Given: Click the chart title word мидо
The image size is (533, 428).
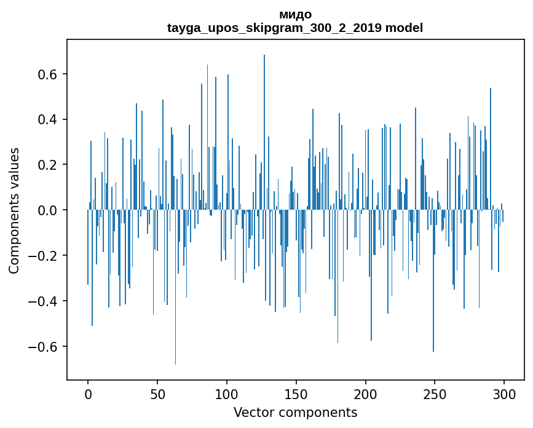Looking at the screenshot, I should (295, 15).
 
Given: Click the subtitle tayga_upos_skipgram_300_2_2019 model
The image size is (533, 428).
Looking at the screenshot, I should (295, 28).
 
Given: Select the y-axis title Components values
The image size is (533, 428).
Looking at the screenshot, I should (14, 210).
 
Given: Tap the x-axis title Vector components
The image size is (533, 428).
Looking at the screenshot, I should (295, 412).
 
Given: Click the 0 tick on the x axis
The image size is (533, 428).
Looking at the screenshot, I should (88, 394).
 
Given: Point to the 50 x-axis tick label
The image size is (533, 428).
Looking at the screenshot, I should (157, 394).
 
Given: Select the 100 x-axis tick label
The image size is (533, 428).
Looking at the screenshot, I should (227, 394).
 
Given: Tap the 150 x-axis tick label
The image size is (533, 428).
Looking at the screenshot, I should (296, 394).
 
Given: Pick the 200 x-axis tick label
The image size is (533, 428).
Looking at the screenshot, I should (366, 394).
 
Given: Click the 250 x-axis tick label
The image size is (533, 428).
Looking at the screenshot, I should (435, 394).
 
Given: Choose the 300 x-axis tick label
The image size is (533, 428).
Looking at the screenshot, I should (505, 394).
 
